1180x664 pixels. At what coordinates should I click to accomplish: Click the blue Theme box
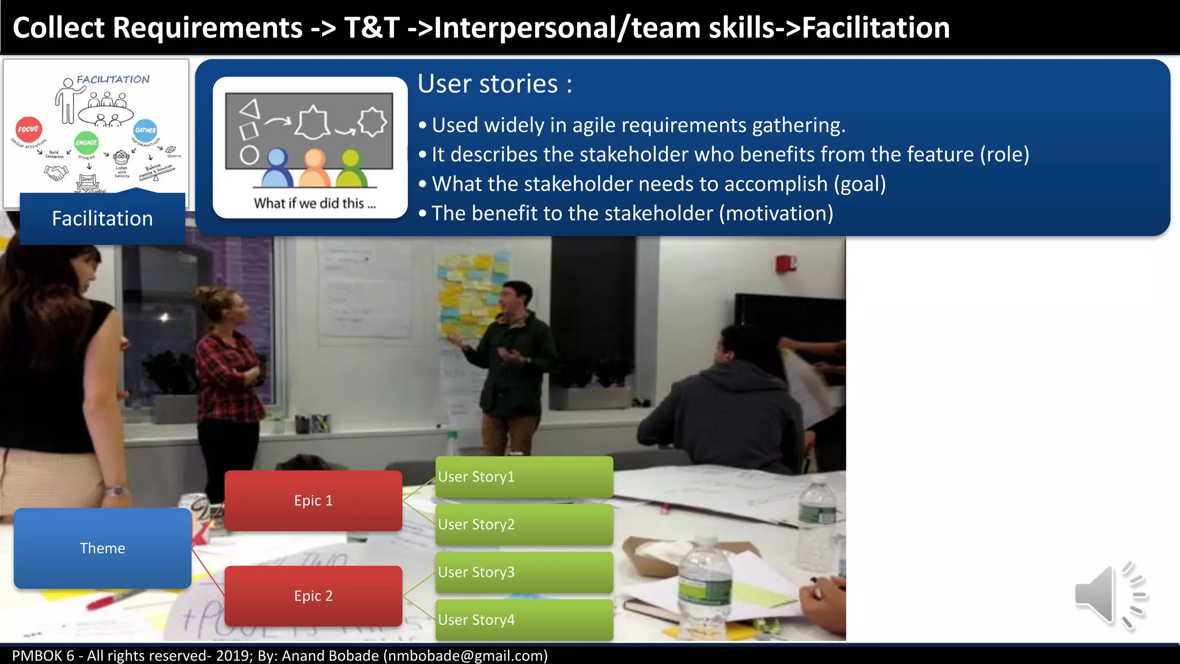[x=103, y=548]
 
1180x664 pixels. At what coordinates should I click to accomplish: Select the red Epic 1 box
[x=313, y=500]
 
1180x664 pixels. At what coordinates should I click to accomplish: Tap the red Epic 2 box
[x=313, y=596]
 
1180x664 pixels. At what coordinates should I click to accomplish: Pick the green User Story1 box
[x=524, y=477]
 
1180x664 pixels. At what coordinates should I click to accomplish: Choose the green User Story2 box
[x=524, y=525]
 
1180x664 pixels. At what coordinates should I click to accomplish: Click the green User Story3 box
[x=524, y=572]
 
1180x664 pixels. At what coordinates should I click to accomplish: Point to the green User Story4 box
[x=524, y=620]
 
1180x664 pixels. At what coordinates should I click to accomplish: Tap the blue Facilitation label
[x=103, y=219]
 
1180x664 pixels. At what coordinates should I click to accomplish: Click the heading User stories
[x=494, y=84]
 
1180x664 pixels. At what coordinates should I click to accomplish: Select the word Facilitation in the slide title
[x=876, y=28]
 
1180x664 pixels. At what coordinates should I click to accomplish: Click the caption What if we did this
[x=315, y=203]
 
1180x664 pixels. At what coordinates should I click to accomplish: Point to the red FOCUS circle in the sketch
[x=28, y=129]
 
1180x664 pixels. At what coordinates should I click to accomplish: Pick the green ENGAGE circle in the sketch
[x=86, y=142]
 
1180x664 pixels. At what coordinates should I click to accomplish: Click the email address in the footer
[x=465, y=656]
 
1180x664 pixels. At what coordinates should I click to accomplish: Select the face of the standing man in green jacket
[x=513, y=297]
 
